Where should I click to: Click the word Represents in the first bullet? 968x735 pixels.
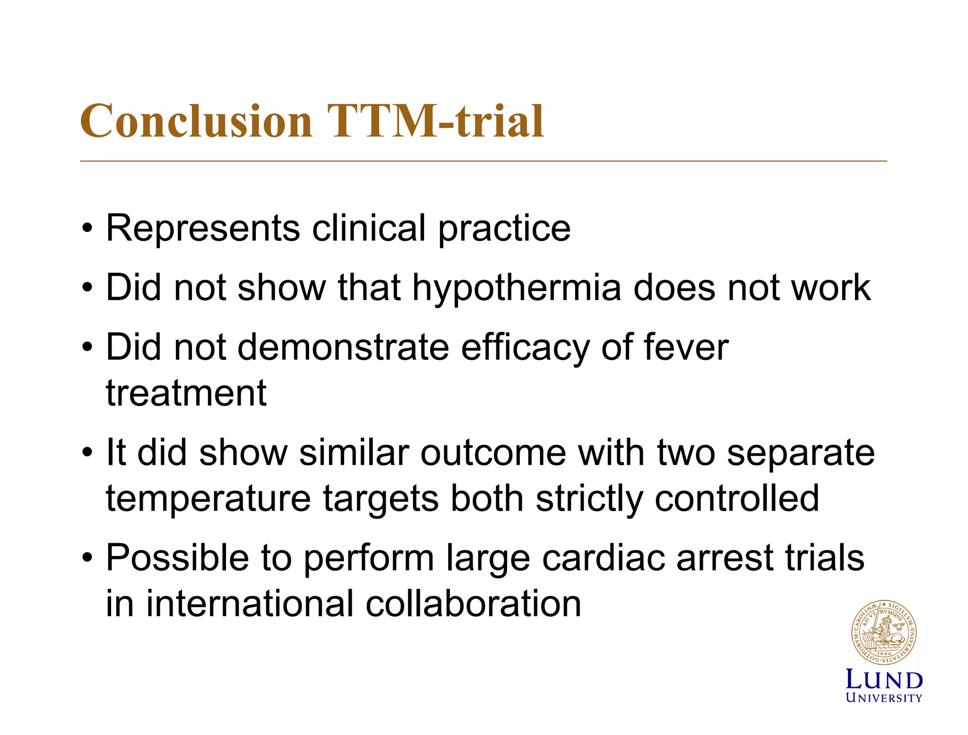[x=203, y=229]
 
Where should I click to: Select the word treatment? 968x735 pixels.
[x=186, y=393]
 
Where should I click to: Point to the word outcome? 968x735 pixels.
[x=493, y=453]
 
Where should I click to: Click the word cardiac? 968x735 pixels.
[x=603, y=558]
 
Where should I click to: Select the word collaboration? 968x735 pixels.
[x=473, y=604]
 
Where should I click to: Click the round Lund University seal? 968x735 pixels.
[x=883, y=633]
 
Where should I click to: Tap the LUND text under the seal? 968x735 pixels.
[x=883, y=680]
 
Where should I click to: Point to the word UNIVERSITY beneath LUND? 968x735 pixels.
[x=883, y=698]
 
